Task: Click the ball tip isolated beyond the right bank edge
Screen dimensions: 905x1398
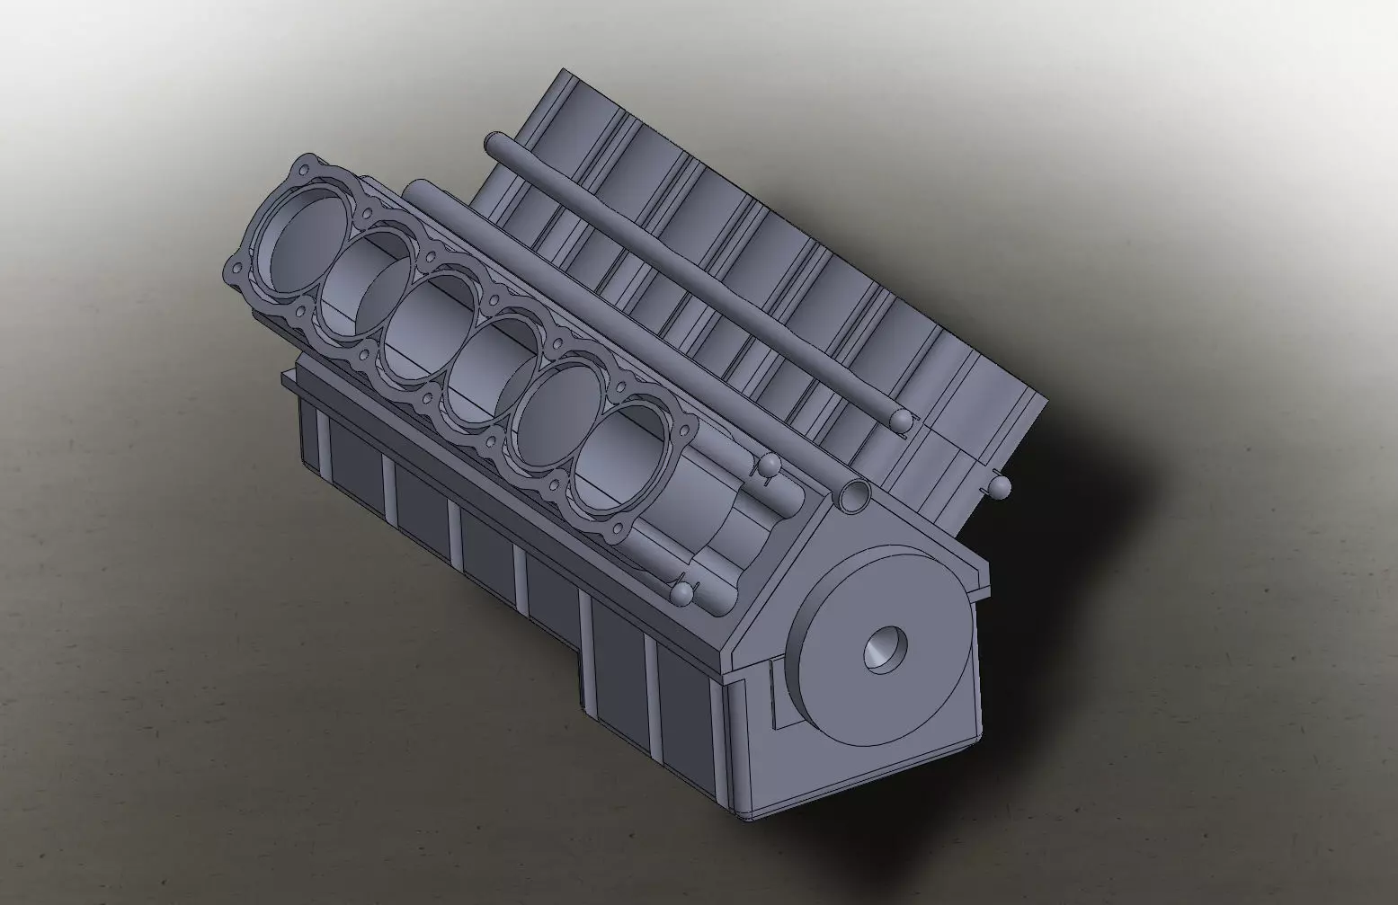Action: [1001, 487]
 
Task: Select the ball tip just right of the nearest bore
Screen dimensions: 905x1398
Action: [769, 466]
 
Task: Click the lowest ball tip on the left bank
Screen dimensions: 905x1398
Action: [683, 593]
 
